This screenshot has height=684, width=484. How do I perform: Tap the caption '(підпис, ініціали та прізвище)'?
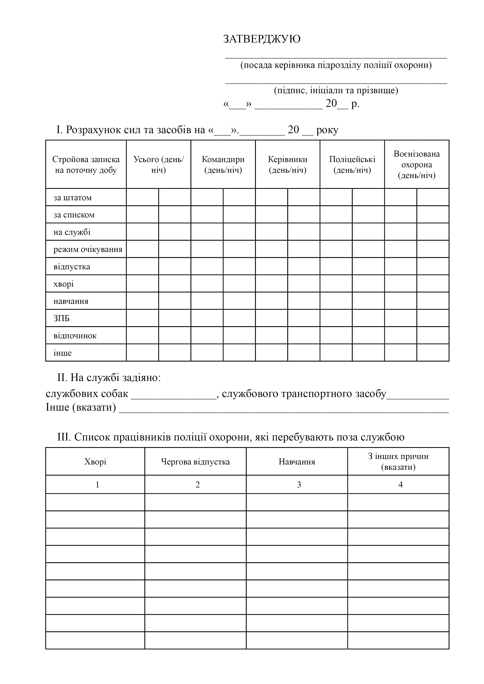[336, 90]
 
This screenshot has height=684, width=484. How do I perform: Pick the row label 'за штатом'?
[72, 198]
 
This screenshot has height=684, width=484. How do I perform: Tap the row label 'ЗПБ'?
[61, 318]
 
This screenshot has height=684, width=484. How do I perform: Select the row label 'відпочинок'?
[75, 336]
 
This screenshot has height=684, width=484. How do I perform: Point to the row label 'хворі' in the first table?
[63, 284]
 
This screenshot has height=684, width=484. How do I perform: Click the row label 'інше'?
[63, 353]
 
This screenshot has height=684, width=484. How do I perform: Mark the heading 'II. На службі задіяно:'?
[109, 378]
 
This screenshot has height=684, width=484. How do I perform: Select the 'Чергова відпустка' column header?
[195, 462]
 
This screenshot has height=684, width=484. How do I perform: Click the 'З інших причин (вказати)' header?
[398, 462]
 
